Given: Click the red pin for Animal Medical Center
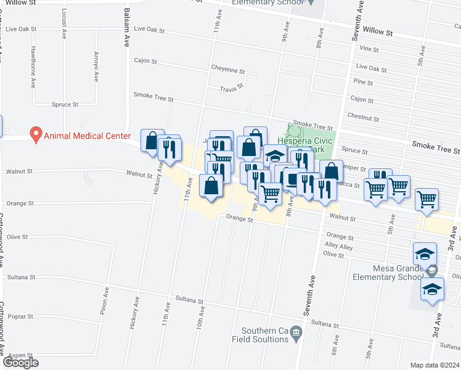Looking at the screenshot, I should (x=36, y=134).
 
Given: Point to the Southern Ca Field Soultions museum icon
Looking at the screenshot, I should (x=296, y=334).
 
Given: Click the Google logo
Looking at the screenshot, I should (x=20, y=363).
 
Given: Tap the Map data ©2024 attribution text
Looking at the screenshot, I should (x=434, y=365).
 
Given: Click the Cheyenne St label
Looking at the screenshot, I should (x=228, y=70).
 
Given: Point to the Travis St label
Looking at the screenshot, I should (x=232, y=89).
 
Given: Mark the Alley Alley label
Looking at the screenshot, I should (x=338, y=247).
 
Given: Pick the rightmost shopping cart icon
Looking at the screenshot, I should (x=426, y=199).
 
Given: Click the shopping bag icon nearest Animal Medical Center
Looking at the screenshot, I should (x=151, y=141).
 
